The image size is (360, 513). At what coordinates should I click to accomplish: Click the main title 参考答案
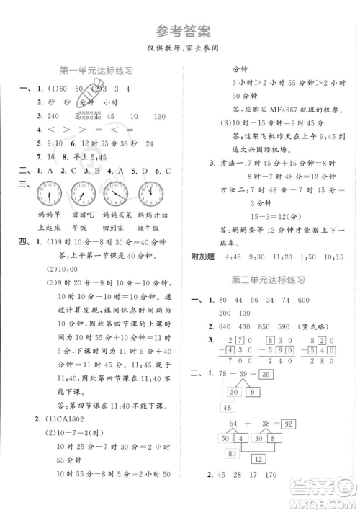pos(180,31)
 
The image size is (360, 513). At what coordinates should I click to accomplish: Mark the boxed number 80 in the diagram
pos(233,454)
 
